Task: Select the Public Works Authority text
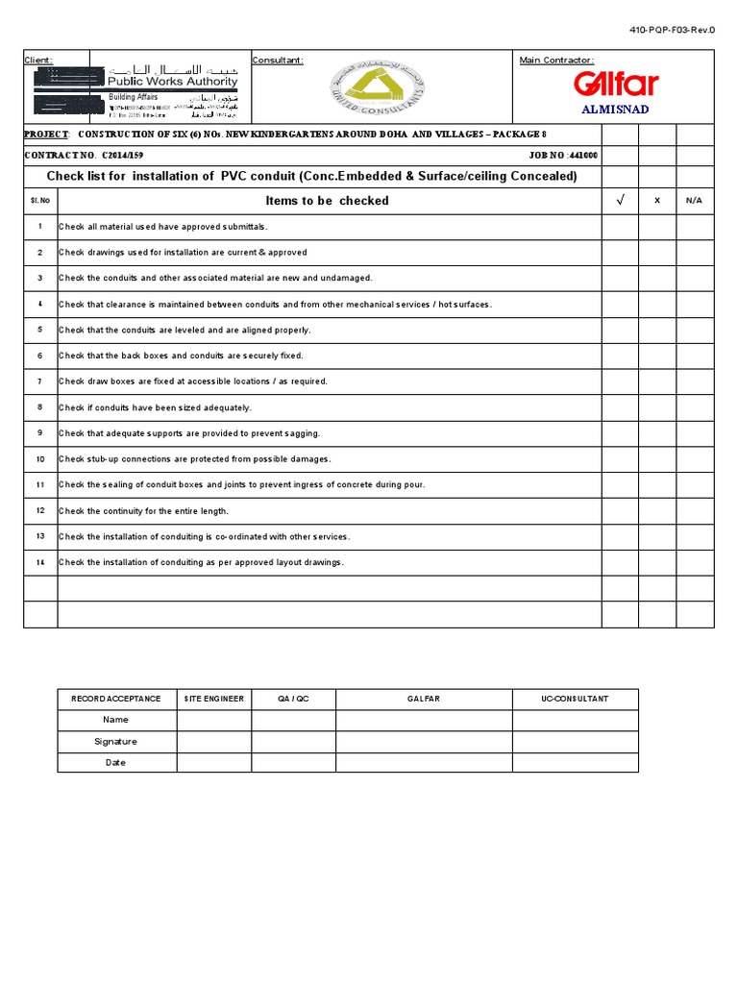coord(173,83)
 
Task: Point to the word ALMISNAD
coord(615,110)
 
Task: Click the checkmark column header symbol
coord(620,201)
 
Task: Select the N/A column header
coord(695,201)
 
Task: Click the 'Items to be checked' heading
coord(327,201)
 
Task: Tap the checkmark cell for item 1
coord(620,227)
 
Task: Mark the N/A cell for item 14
coord(695,563)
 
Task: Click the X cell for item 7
coord(657,381)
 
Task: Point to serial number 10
coord(40,459)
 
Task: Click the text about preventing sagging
coord(189,433)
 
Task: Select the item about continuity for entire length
coord(143,511)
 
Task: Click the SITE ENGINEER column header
coord(214,699)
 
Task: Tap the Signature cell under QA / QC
coord(293,741)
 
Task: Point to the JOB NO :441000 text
coord(563,155)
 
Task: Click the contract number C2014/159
coord(122,155)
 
